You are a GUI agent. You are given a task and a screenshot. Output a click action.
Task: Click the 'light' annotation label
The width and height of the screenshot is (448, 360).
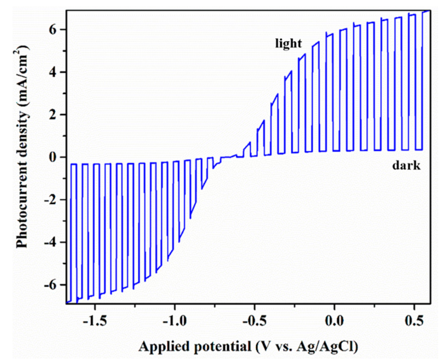(x=288, y=43)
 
